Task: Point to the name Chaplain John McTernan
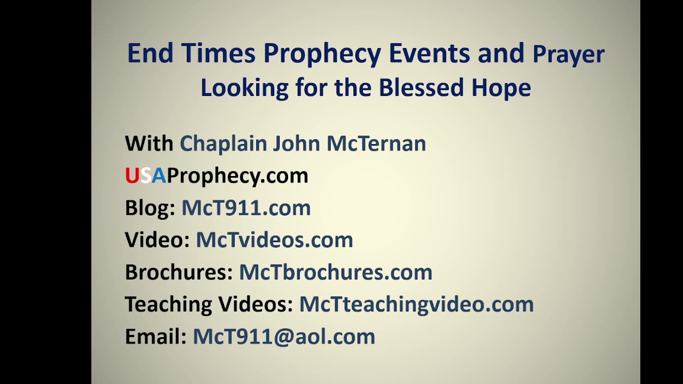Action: pyautogui.click(x=303, y=143)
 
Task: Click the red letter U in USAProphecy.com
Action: pyautogui.click(x=132, y=175)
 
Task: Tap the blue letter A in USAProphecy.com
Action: pyautogui.click(x=159, y=175)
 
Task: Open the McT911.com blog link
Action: pyautogui.click(x=246, y=208)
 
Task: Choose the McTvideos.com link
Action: pyautogui.click(x=274, y=240)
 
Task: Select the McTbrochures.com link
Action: pyautogui.click(x=335, y=272)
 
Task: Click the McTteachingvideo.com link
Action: pyautogui.click(x=416, y=305)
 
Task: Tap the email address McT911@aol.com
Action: pyautogui.click(x=284, y=337)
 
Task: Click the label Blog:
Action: pyautogui.click(x=150, y=208)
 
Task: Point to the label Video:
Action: pyautogui.click(x=157, y=240)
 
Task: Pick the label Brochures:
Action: pyautogui.click(x=179, y=272)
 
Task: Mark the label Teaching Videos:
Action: pyautogui.click(x=209, y=305)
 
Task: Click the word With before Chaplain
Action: pyautogui.click(x=149, y=143)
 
